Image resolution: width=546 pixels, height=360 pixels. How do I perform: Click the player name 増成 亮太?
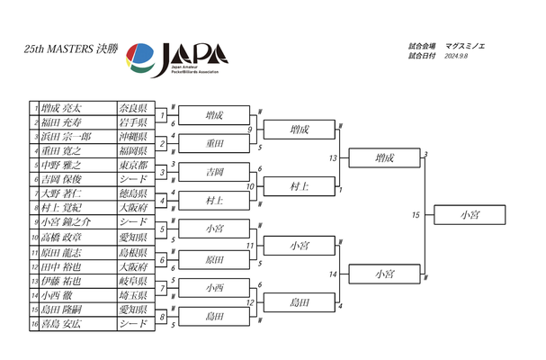point(62,107)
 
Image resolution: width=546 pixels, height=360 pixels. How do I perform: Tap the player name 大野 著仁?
point(61,193)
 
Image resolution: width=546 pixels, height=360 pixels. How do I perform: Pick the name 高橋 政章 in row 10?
point(61,236)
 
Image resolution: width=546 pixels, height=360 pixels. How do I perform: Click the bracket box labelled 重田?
point(214,143)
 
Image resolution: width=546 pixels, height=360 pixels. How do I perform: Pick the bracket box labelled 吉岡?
point(214,171)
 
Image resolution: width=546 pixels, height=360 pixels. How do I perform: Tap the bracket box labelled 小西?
point(214,288)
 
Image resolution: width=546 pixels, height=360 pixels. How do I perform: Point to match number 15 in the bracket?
point(416,215)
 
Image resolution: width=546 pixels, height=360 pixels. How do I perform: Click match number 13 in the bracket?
point(333,157)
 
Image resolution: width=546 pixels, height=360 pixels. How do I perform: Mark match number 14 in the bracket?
point(333,274)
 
